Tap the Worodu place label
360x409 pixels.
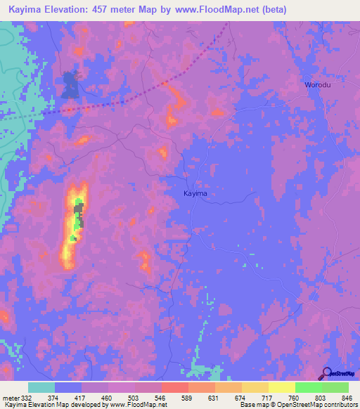(x=318, y=85)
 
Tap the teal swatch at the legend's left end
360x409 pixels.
(x=41, y=387)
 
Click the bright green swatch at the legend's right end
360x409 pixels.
(x=335, y=387)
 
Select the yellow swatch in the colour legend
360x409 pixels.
(x=282, y=387)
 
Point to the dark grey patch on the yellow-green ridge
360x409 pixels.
(x=79, y=213)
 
